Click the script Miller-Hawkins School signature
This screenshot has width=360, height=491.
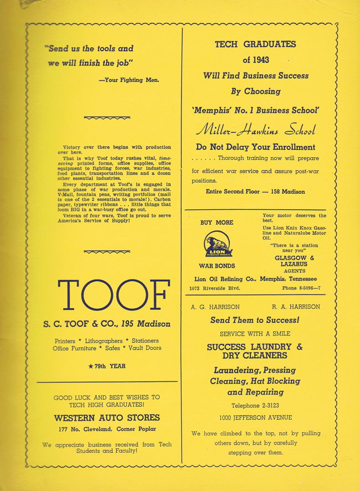click(x=255, y=131)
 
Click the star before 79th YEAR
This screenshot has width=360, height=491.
click(x=90, y=366)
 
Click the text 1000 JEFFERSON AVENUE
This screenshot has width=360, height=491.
click(x=255, y=417)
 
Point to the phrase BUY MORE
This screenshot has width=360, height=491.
click(x=217, y=223)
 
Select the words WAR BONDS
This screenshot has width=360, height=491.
click(x=217, y=266)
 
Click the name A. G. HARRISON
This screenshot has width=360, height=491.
click(x=215, y=307)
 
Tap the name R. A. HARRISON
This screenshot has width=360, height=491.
click(x=296, y=307)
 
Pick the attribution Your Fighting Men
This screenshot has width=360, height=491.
click(x=129, y=80)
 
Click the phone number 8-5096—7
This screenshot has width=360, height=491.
click(x=302, y=288)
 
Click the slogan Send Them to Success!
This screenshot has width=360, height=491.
click(x=255, y=321)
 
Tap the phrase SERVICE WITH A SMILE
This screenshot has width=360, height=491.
click(x=255, y=334)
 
